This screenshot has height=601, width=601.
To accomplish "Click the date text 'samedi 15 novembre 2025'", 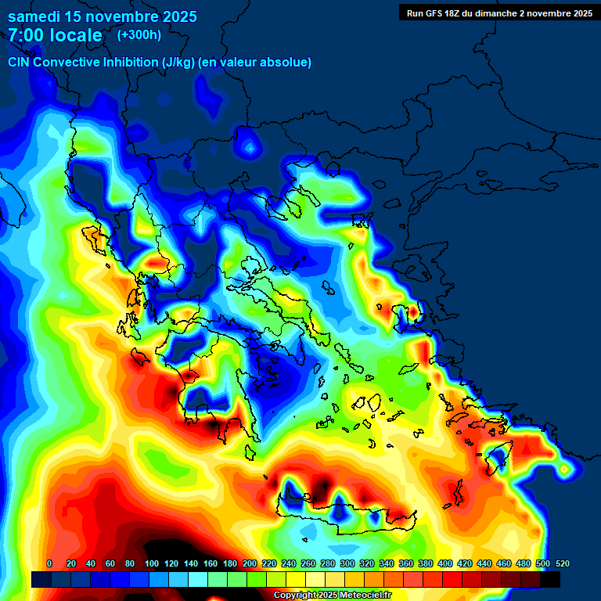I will (103, 16).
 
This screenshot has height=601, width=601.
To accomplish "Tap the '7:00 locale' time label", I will (55, 35).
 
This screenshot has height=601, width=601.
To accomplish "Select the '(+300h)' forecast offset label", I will (139, 35).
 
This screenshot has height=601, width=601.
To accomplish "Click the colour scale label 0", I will (49, 563).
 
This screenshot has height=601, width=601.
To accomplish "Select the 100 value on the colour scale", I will (152, 563).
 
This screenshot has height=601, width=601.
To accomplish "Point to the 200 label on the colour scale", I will (250, 563).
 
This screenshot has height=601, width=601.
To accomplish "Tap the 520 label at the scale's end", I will (562, 563).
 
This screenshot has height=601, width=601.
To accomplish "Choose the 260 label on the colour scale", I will (308, 563).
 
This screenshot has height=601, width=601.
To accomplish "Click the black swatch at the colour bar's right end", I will (550, 579).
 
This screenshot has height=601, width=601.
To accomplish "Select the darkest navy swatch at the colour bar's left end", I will (41, 579).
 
